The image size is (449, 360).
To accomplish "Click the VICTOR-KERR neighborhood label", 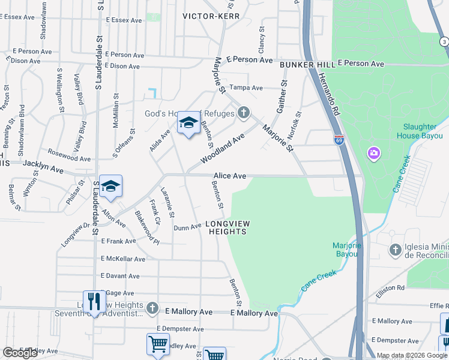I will tap(211, 16).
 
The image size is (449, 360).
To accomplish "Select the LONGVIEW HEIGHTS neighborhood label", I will tap(227, 227).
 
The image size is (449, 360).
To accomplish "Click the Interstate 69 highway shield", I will tap(339, 139).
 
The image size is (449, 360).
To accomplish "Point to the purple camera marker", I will tap(374, 154).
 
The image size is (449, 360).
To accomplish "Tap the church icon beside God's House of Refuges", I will tap(243, 112).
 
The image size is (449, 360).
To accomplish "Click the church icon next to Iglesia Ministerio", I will tap(395, 250).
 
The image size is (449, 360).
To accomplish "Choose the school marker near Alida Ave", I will tap(188, 124).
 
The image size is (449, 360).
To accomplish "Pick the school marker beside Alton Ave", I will tap(111, 187).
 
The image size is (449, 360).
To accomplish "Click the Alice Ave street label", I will tap(230, 176).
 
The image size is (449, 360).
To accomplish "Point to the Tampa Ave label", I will tap(247, 88).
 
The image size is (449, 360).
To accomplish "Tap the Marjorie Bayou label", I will tap(345, 250).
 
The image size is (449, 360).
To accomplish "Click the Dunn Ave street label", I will tap(187, 227).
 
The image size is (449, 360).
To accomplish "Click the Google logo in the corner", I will tap(20, 353).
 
